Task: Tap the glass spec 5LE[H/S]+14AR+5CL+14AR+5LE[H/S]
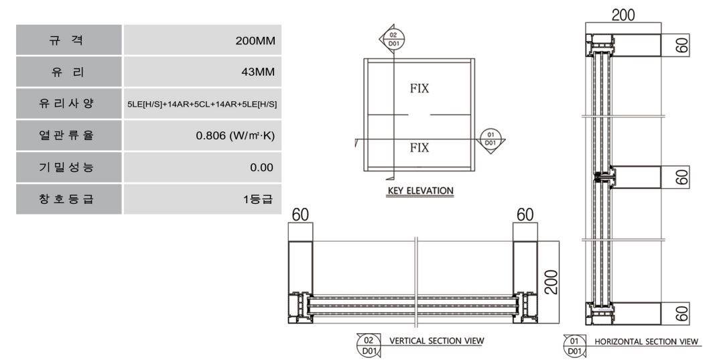[x=202, y=104]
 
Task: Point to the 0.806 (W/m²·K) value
[x=235, y=135]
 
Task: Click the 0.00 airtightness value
[x=261, y=168]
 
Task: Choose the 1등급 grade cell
[x=258, y=199]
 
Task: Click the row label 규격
[x=66, y=40]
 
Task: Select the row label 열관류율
[x=66, y=135]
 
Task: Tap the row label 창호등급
[x=66, y=199]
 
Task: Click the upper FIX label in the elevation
[x=419, y=88]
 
